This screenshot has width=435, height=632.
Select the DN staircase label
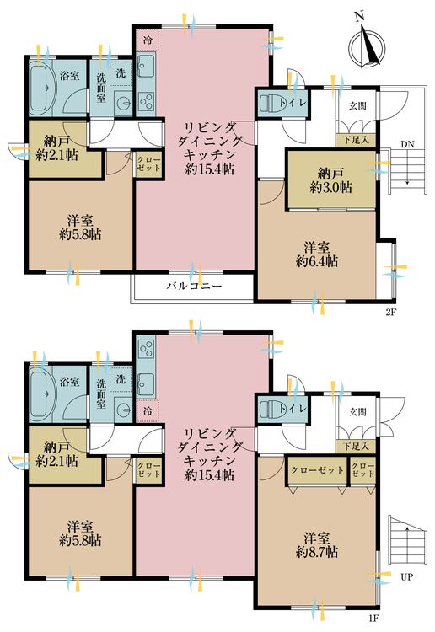(x=407, y=143)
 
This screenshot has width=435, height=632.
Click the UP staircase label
(x=406, y=579)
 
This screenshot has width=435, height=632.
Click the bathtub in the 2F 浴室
(x=42, y=85)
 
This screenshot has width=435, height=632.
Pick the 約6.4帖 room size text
(x=317, y=254)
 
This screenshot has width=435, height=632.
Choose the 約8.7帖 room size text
(x=317, y=545)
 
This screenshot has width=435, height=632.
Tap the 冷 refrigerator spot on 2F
(x=148, y=40)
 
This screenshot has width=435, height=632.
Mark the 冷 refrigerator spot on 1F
(x=148, y=411)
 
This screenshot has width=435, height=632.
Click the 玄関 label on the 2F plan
(x=357, y=105)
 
